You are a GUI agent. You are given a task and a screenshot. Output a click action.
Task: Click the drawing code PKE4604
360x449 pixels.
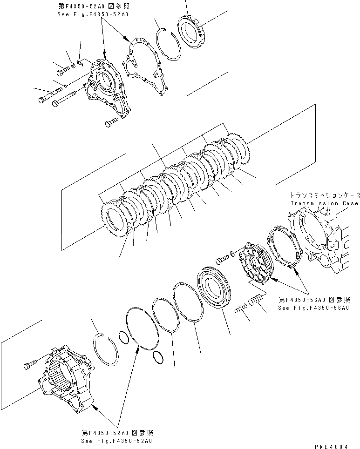pyautogui.click(x=331, y=446)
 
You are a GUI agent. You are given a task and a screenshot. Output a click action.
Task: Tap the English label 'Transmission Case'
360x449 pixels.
pyautogui.click(x=324, y=203)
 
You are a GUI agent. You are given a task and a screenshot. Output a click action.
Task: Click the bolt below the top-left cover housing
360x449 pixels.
pyautogui.click(x=110, y=122)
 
